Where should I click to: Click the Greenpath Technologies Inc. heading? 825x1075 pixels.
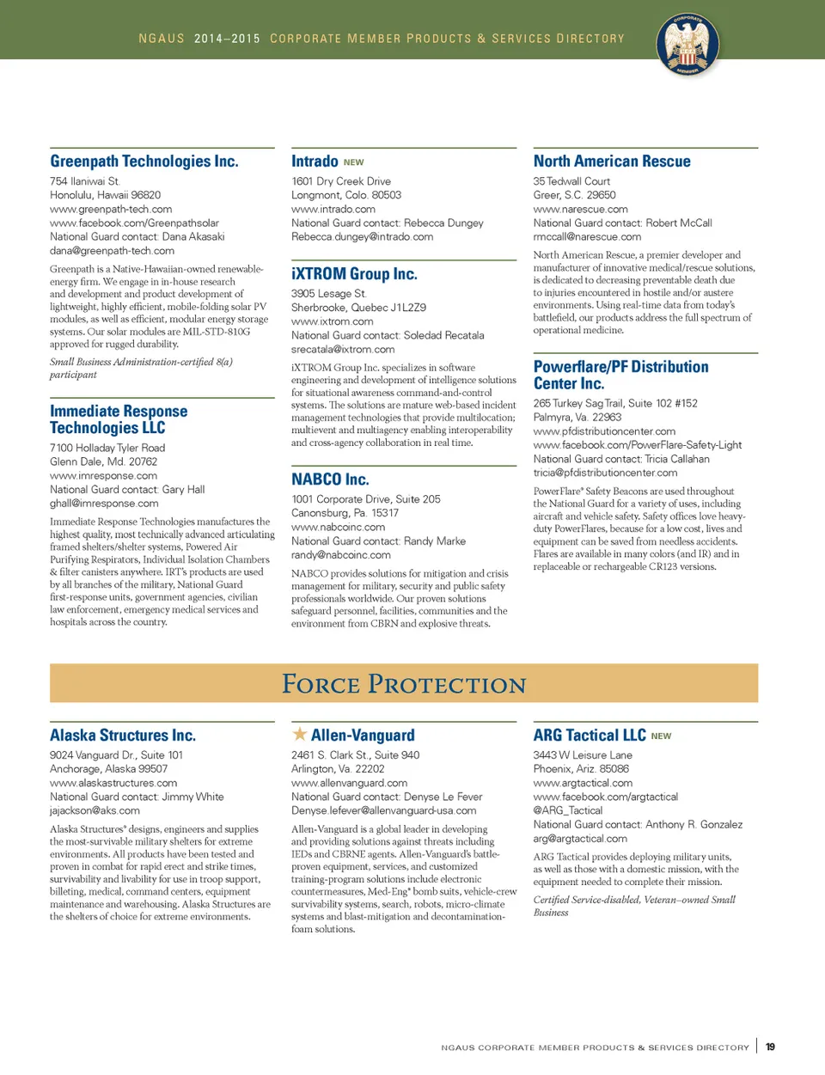tap(144, 162)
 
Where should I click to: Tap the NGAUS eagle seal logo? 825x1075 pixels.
tap(687, 44)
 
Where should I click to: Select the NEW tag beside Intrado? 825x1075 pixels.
tap(353, 162)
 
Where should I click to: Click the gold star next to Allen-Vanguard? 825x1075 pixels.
tap(299, 734)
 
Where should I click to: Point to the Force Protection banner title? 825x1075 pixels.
tap(404, 684)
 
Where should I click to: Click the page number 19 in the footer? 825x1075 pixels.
tap(770, 1047)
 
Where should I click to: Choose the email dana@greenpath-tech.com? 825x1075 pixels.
tap(112, 251)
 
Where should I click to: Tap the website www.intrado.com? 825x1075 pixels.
tap(333, 209)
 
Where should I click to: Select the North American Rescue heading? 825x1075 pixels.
tap(612, 162)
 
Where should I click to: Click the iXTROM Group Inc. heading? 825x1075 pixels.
tap(354, 274)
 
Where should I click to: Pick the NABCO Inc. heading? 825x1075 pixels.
tap(330, 479)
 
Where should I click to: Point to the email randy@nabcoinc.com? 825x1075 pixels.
tap(341, 555)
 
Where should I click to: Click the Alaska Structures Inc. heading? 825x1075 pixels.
tap(123, 736)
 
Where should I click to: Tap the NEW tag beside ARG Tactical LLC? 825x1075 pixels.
tap(661, 736)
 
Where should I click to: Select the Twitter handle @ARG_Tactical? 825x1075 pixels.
tap(568, 810)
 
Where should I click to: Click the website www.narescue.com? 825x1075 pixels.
tap(580, 209)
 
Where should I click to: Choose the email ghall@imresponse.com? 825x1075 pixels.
tap(104, 504)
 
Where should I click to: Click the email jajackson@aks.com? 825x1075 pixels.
tap(95, 810)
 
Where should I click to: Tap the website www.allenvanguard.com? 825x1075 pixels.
tap(349, 783)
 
